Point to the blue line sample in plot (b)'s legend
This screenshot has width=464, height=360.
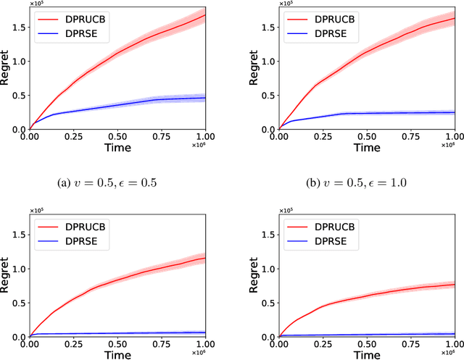tap(298, 33)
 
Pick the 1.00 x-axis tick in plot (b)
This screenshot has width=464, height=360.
tap(454, 135)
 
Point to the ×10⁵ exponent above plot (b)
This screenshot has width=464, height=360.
tap(286, 3)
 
